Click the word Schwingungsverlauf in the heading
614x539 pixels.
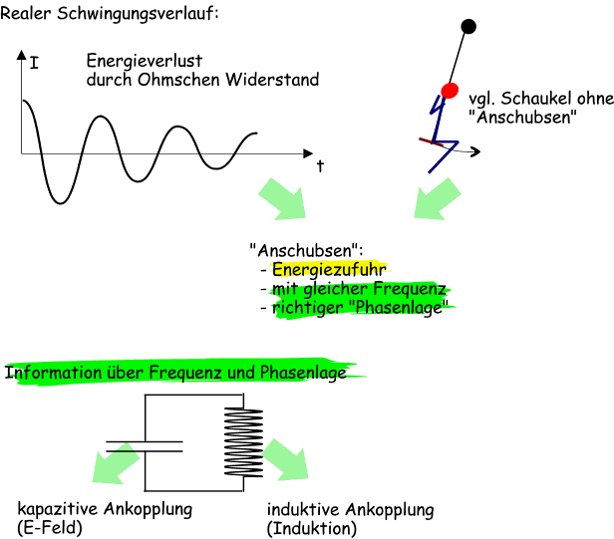(x=140, y=14)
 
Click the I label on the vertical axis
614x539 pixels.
(x=35, y=63)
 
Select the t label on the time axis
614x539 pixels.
(x=320, y=165)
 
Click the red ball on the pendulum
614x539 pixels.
(x=449, y=91)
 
